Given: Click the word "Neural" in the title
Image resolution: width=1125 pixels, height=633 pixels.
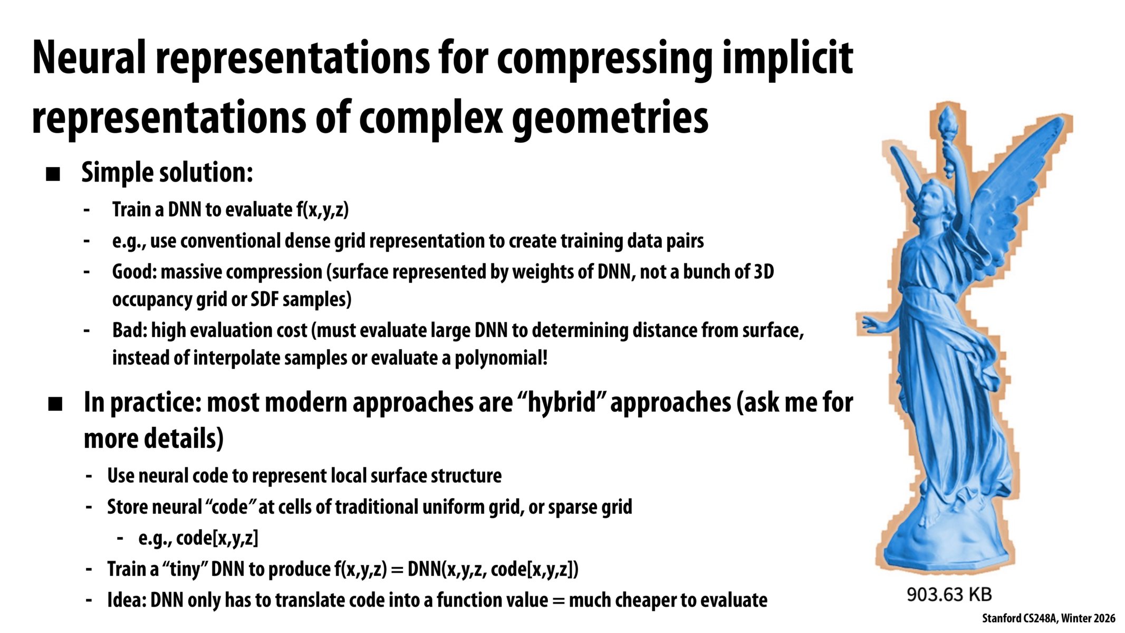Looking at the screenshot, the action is pyautogui.click(x=89, y=57).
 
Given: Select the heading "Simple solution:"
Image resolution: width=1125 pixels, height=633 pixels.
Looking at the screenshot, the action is pyautogui.click(x=167, y=172).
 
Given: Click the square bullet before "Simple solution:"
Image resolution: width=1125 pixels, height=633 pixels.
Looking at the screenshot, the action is pyautogui.click(x=53, y=174).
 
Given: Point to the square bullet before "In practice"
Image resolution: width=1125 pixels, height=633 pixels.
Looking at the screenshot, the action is pyautogui.click(x=55, y=404).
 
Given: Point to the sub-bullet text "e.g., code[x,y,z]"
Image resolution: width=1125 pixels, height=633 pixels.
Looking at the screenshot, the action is pyautogui.click(x=198, y=539).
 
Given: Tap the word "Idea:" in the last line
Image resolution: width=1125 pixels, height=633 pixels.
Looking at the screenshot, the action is pyautogui.click(x=127, y=600).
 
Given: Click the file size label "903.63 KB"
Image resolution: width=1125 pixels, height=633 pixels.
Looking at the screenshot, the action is pyautogui.click(x=949, y=594).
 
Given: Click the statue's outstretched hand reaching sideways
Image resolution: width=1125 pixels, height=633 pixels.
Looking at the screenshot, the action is pyautogui.click(x=870, y=322).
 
